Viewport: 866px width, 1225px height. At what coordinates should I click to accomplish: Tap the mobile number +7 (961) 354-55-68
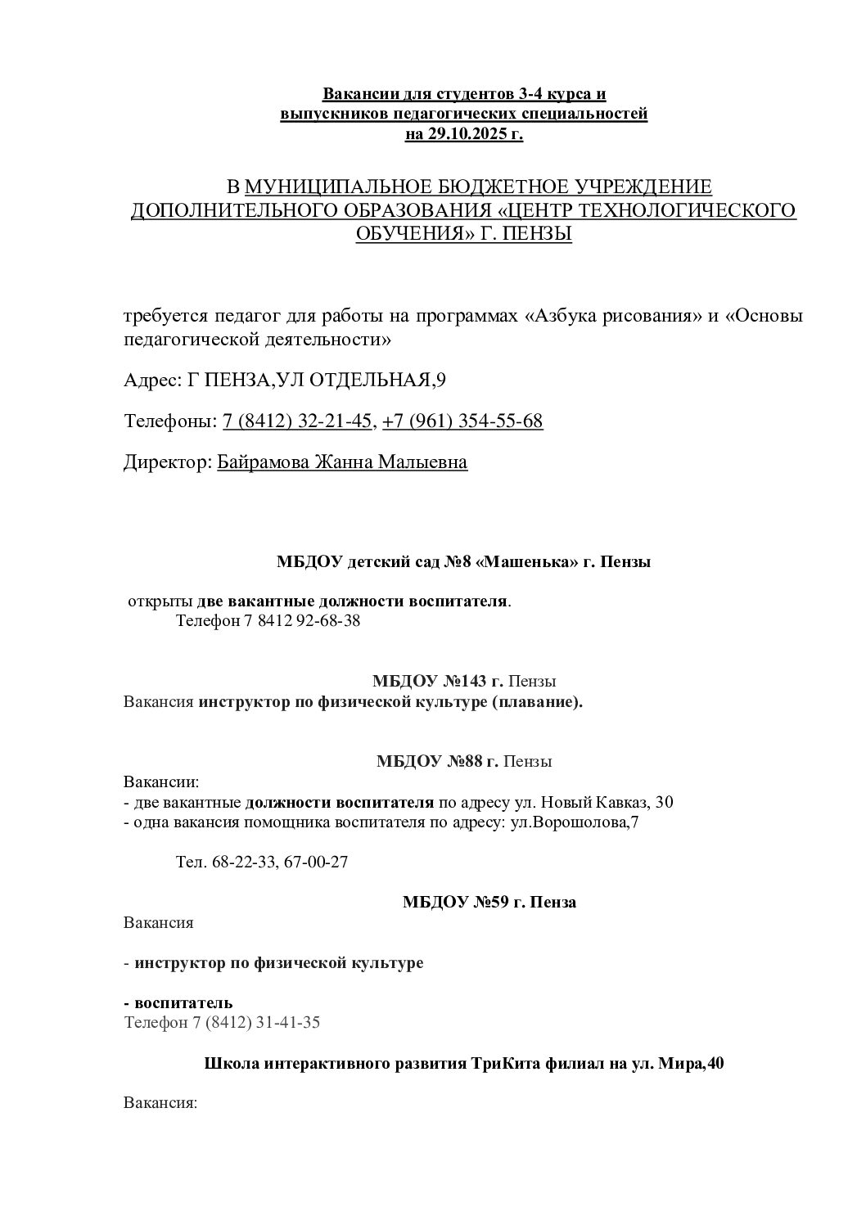(462, 421)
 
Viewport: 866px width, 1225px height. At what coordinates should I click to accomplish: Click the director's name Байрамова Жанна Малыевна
(342, 462)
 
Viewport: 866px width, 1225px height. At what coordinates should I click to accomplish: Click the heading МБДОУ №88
(437, 761)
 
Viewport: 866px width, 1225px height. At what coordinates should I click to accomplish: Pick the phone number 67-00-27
(316, 862)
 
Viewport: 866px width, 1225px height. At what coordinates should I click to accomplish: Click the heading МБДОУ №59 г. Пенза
(489, 903)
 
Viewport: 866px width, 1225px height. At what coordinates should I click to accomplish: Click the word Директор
(167, 462)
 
